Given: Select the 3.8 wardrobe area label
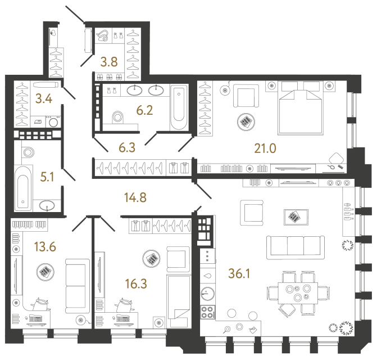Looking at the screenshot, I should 108,62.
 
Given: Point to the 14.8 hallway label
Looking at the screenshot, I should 135,197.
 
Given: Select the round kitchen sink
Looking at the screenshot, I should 208,294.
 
